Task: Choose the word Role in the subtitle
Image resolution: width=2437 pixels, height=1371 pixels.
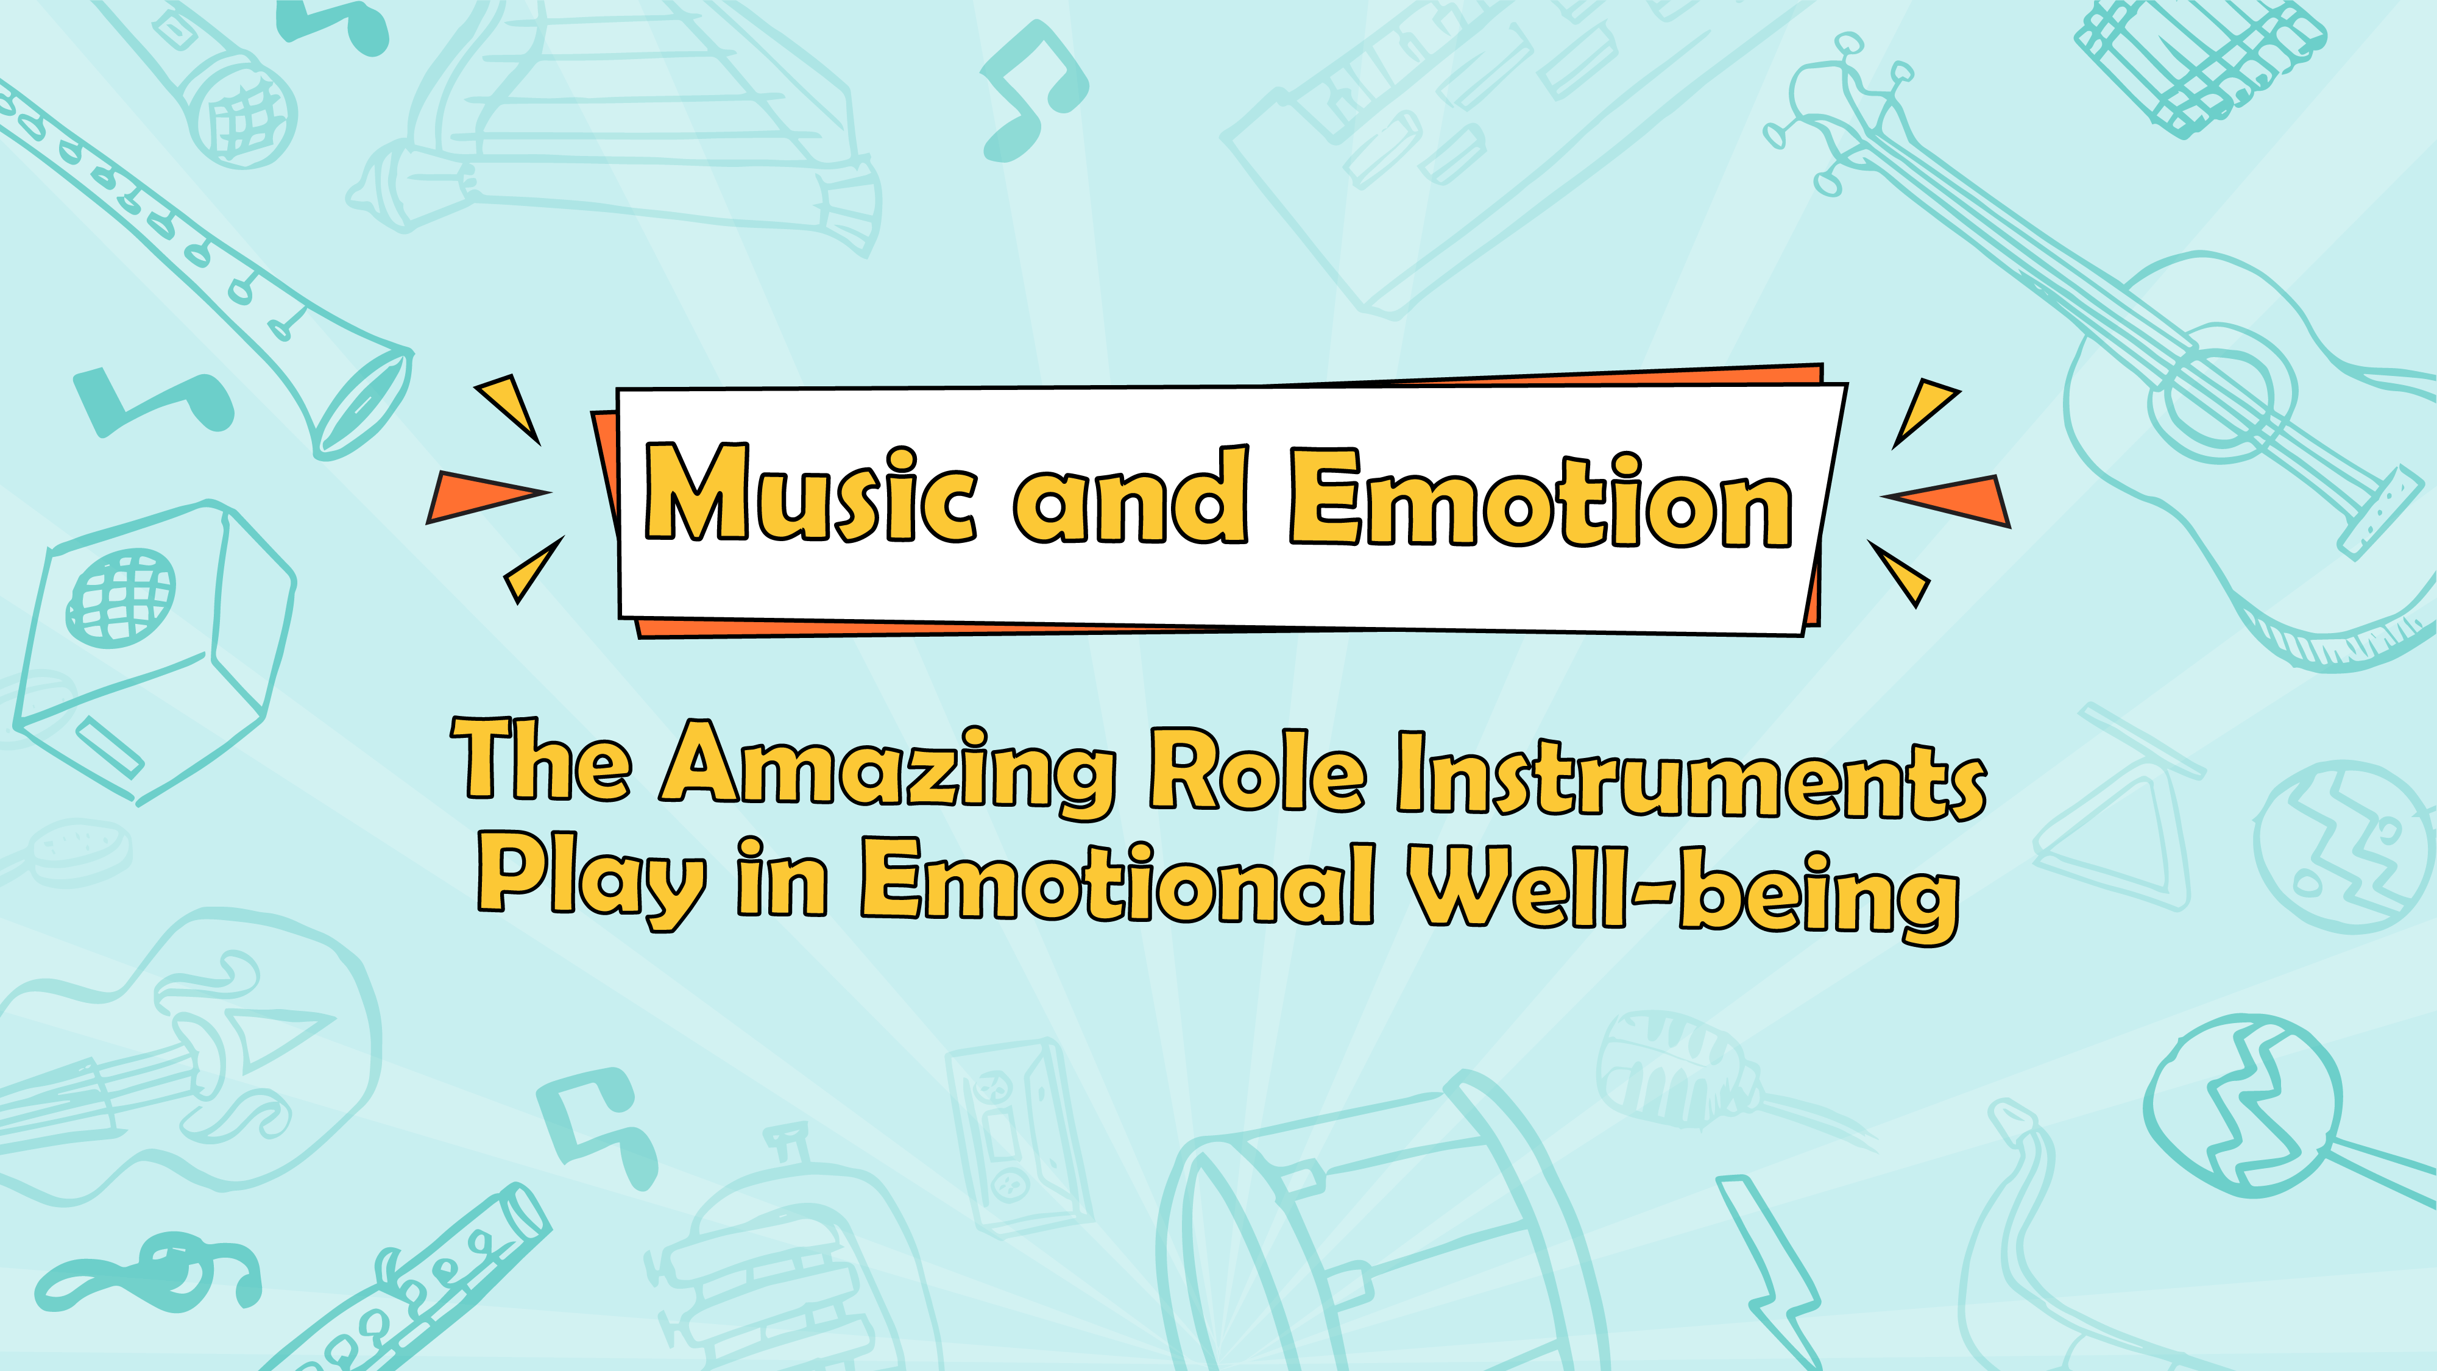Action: coord(1257,768)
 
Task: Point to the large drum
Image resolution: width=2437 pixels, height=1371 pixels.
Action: coord(1381,1230)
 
